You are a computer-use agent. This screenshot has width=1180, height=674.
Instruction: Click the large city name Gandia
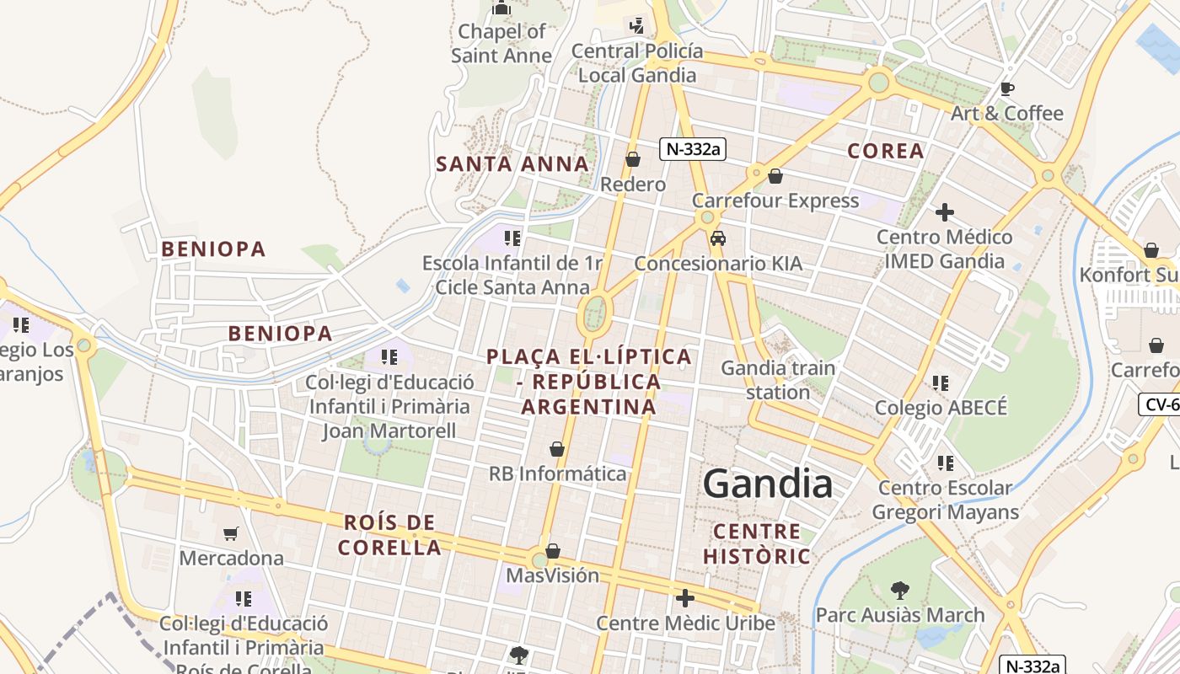tap(768, 484)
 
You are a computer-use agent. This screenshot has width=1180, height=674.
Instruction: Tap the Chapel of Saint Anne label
tap(501, 44)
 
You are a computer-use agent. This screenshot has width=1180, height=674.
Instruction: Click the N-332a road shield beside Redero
tap(693, 149)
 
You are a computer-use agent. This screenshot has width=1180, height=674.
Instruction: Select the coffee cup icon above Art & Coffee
tap(1006, 88)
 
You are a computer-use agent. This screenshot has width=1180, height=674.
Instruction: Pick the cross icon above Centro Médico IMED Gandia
tap(945, 212)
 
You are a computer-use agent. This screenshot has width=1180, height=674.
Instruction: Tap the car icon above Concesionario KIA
tap(718, 238)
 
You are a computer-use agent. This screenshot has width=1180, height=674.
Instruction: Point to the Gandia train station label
tap(778, 380)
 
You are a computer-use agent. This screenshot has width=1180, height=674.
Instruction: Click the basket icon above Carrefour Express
tap(775, 176)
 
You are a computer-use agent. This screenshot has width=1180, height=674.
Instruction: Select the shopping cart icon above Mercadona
tap(231, 533)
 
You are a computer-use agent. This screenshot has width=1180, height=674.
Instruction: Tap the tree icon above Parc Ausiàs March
tap(900, 590)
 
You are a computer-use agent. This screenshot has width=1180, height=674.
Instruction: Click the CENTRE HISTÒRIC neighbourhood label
tap(756, 543)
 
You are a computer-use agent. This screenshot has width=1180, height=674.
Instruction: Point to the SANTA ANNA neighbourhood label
tap(512, 163)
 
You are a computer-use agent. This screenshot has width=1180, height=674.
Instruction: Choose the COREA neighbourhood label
tap(885, 151)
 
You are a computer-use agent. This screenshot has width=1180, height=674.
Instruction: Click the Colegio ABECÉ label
tap(941, 408)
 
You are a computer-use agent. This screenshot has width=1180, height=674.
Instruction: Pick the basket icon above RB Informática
tap(557, 449)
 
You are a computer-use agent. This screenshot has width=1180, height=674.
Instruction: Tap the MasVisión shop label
tap(552, 575)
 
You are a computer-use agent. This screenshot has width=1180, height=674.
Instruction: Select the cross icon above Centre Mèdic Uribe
tap(685, 598)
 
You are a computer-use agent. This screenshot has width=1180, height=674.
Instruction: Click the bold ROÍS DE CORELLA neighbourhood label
tap(389, 535)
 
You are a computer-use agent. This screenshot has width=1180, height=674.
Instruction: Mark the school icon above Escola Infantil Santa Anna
tap(512, 238)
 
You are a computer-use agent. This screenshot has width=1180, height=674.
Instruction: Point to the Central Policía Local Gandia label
tap(637, 63)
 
